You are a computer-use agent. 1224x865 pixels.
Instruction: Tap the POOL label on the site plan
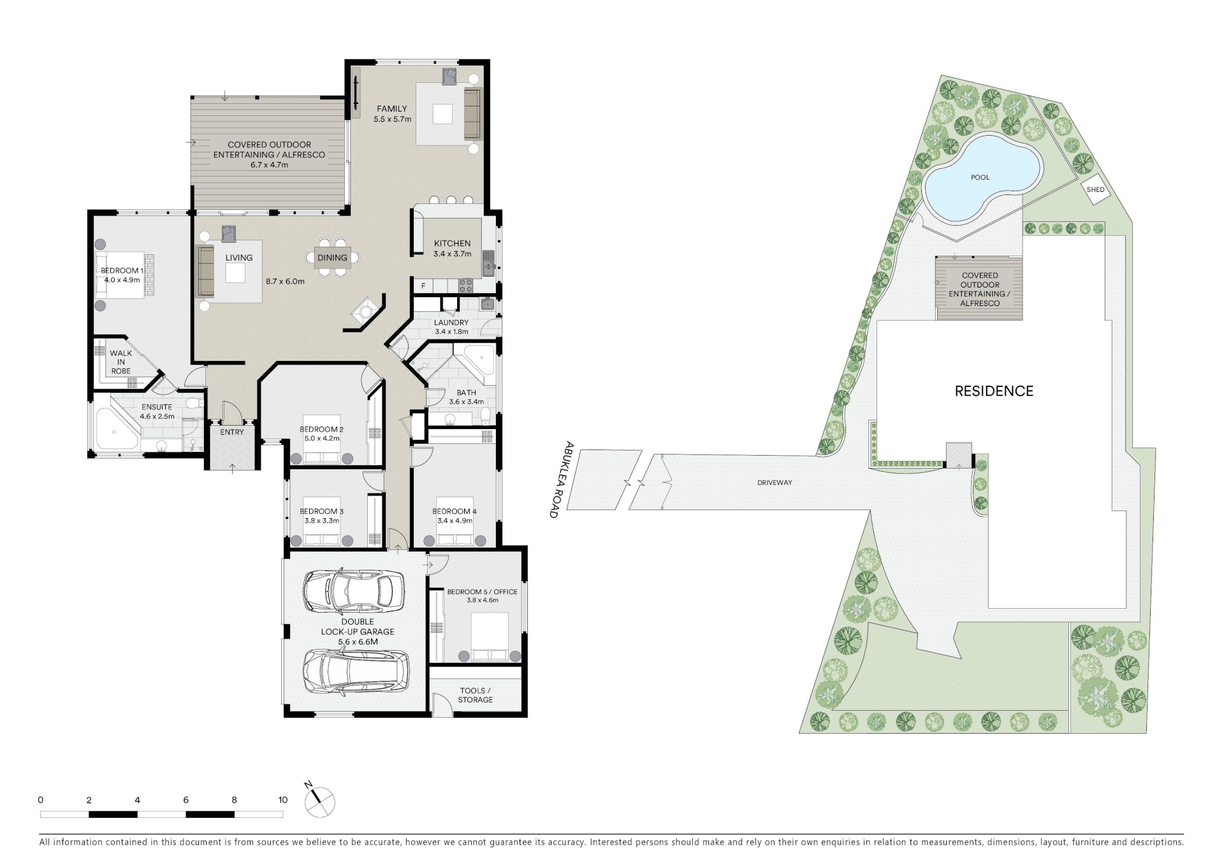[980, 177]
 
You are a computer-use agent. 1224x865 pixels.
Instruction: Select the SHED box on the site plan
[1096, 190]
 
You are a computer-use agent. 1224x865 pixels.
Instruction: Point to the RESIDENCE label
[994, 391]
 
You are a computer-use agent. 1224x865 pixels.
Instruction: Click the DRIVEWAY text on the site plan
[775, 483]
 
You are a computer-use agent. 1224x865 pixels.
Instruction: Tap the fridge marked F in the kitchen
[423, 286]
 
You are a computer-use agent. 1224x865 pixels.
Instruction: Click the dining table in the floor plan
[332, 258]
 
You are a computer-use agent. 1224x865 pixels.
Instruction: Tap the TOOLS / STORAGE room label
[475, 695]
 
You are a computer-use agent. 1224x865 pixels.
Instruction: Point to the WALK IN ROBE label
[120, 362]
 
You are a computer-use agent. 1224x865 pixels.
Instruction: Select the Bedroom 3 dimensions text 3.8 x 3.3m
[322, 521]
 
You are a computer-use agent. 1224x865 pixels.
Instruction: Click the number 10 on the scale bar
[282, 800]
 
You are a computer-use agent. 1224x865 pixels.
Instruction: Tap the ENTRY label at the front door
[232, 432]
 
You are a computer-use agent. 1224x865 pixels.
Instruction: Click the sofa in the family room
[472, 114]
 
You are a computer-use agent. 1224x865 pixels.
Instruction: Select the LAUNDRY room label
[451, 323]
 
